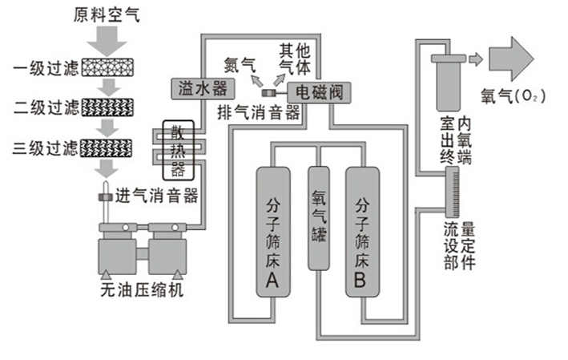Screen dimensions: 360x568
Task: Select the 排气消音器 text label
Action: coord(258,113)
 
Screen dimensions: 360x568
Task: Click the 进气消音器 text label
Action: coord(157,196)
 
